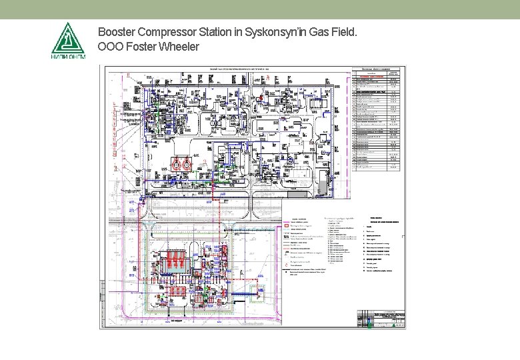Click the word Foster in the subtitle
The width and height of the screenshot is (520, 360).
click(143, 47)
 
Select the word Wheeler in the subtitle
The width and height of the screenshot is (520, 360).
click(180, 47)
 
